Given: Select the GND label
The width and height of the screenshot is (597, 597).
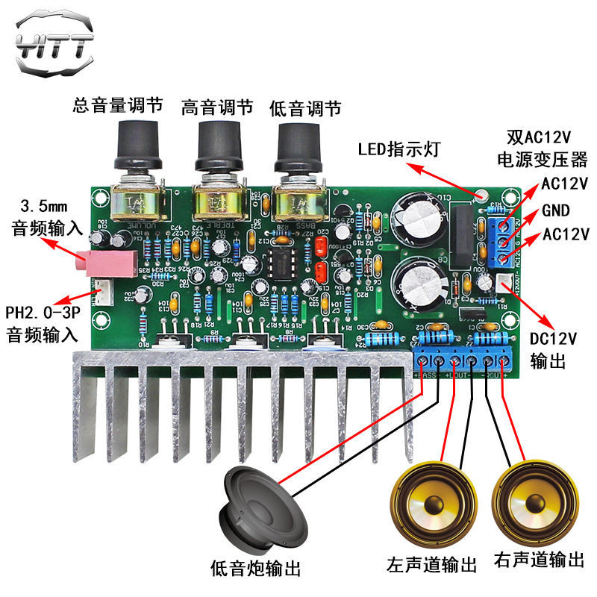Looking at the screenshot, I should point(555,209).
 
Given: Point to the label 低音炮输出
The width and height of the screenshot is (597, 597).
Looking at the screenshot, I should point(256,569).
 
